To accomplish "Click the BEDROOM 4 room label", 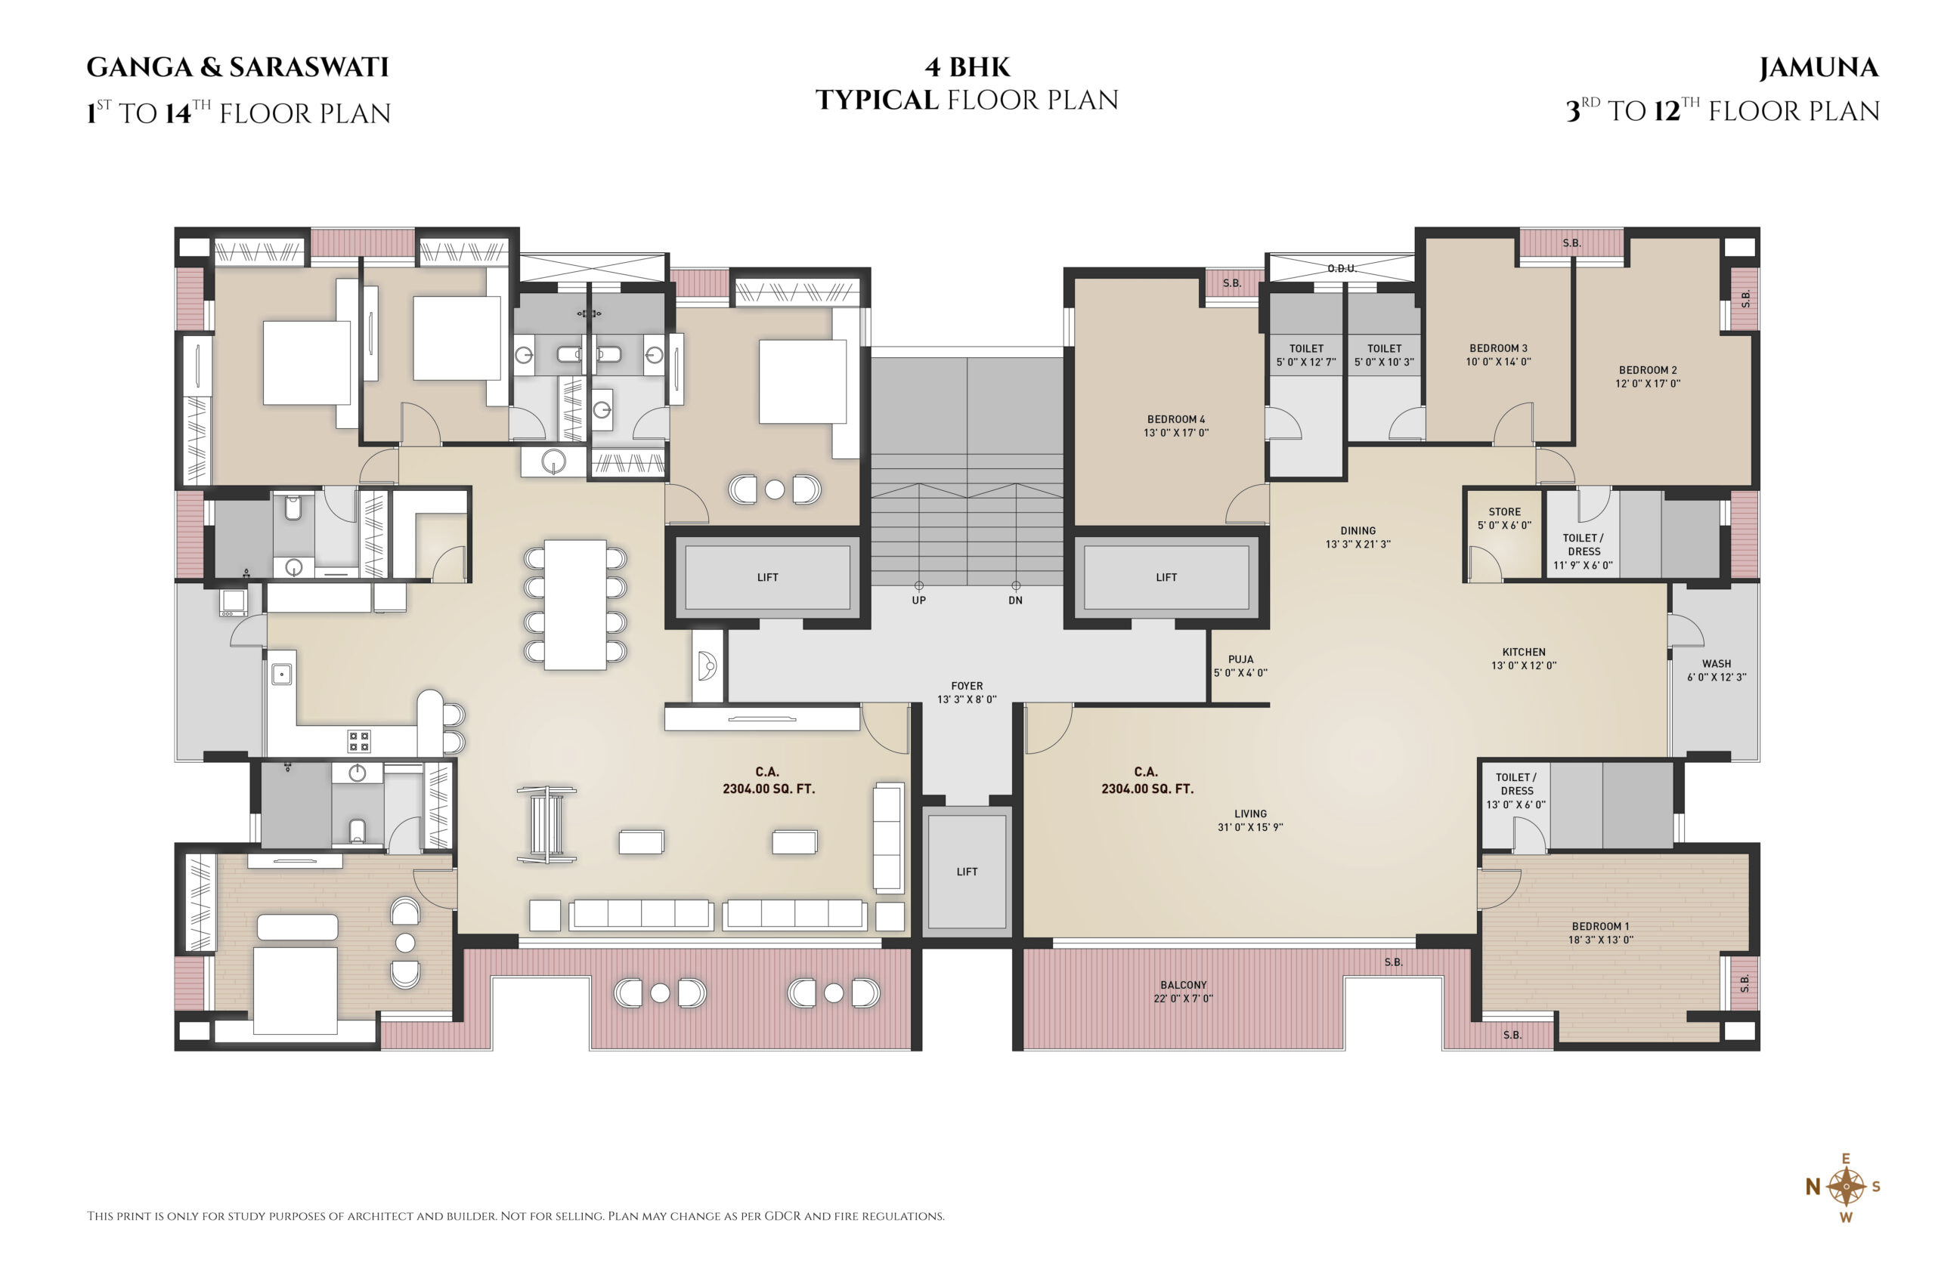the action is (x=1175, y=419).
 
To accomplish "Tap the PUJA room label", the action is (x=1240, y=659).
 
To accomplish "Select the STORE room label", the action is (x=1503, y=512).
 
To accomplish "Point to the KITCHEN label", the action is (x=1523, y=652).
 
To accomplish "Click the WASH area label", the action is (x=1716, y=663).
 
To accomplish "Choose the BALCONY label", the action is (x=1183, y=985).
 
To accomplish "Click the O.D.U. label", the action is (x=1342, y=268).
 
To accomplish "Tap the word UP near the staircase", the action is (x=918, y=600).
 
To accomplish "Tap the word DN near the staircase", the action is (x=1015, y=600).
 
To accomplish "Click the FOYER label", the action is (x=966, y=686).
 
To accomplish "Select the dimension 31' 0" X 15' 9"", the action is (x=1250, y=827).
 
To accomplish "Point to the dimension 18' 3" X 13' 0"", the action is (x=1601, y=940).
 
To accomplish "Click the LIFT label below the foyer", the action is (x=966, y=872).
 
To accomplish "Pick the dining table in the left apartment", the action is (x=575, y=605).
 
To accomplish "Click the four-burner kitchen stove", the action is (x=359, y=741).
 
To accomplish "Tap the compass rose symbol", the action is (x=1846, y=1187).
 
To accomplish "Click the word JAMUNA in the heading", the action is (x=1819, y=68).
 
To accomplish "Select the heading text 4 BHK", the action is (x=967, y=66).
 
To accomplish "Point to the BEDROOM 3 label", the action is (x=1498, y=348).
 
